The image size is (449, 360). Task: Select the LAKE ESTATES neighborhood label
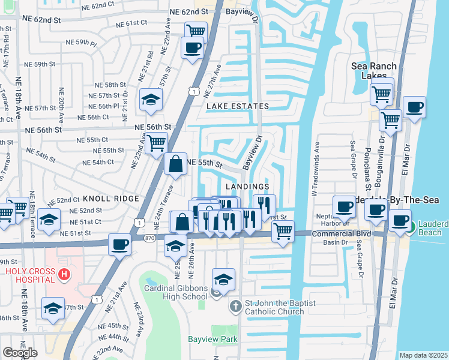[237, 106]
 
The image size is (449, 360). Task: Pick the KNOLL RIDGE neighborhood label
[111, 198]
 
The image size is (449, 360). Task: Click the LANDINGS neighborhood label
[247, 187]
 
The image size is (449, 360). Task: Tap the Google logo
[20, 353]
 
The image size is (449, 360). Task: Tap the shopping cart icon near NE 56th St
[156, 143]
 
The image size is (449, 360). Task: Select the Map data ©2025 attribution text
[423, 355]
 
